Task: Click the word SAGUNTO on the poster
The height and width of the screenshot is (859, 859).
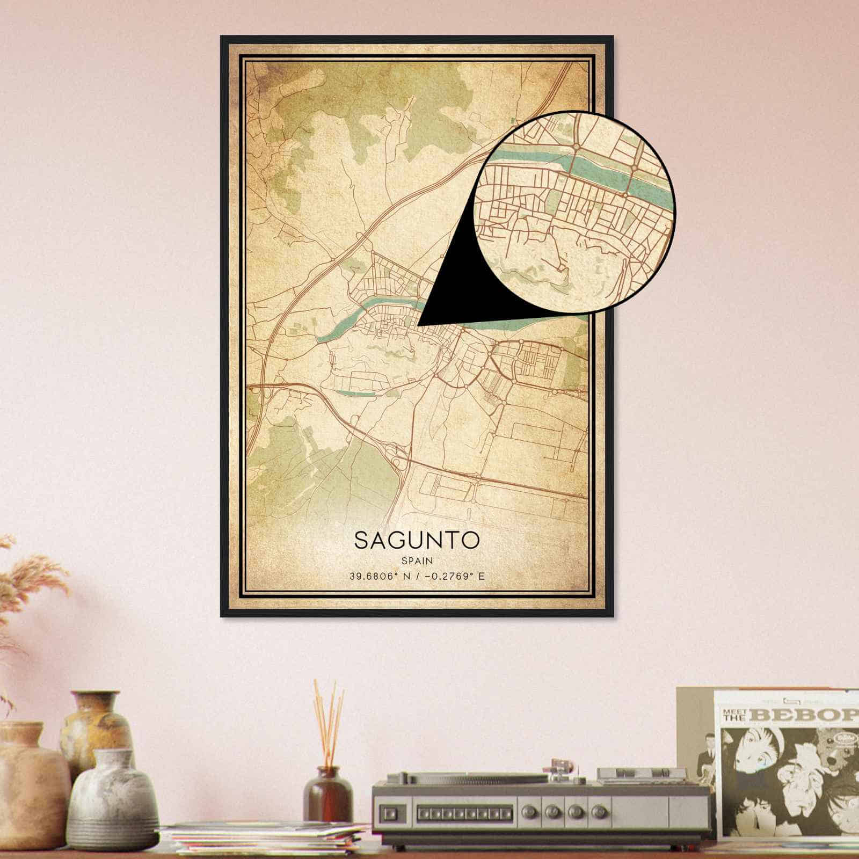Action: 416,541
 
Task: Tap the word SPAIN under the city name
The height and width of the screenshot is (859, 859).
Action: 416,560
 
